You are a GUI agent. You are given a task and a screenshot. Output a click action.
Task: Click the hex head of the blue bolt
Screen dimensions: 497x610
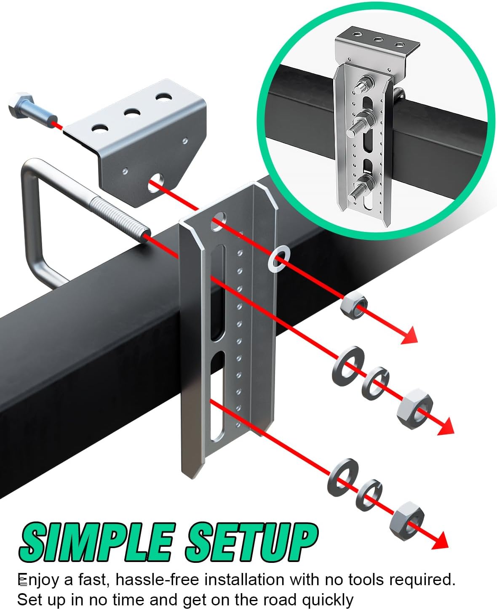click(21, 105)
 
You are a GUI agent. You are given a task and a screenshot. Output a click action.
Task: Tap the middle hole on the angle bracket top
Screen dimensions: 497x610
click(132, 112)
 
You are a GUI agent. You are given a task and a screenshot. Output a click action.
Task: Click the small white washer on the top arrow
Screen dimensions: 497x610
click(279, 259)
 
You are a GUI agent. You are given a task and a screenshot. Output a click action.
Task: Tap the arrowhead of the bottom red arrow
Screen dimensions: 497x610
click(439, 540)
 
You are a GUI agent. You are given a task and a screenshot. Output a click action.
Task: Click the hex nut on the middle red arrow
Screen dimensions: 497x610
click(414, 409)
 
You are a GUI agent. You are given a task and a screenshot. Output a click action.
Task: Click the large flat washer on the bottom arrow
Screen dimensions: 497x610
click(343, 478)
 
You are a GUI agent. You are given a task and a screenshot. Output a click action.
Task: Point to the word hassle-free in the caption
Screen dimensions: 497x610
click(157, 580)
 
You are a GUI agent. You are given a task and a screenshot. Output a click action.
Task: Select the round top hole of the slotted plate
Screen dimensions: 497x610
click(218, 222)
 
